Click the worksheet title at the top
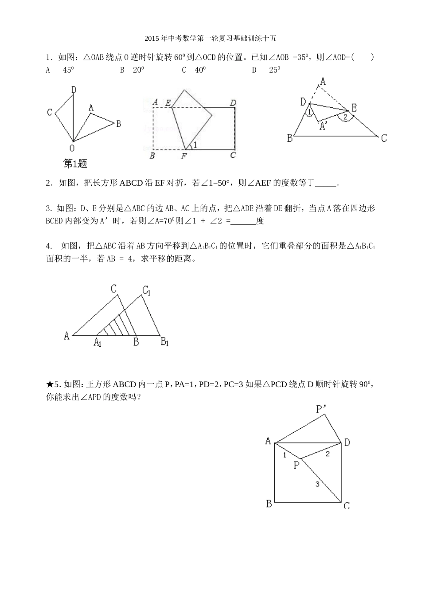click(x=210, y=39)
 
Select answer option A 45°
click(x=60, y=70)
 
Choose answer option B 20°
click(x=132, y=70)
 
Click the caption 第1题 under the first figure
click(x=75, y=164)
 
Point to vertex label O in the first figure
click(x=72, y=148)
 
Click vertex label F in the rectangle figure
click(x=184, y=156)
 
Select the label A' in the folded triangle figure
click(x=324, y=126)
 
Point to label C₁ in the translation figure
click(x=147, y=290)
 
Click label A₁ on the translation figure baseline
click(x=97, y=342)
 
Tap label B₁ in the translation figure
click(x=164, y=342)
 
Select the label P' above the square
click(x=321, y=408)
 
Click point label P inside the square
click(x=296, y=466)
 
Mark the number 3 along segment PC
click(x=317, y=484)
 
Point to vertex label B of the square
click(x=269, y=504)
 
